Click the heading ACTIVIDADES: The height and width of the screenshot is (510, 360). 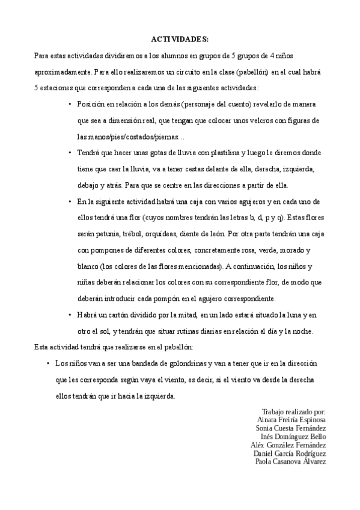click(x=180, y=39)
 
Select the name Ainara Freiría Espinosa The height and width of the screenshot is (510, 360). click(x=291, y=419)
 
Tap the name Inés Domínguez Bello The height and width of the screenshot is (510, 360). click(x=293, y=436)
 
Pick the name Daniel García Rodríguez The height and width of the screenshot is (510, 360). click(x=290, y=453)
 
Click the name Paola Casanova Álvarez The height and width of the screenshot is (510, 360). click(x=291, y=461)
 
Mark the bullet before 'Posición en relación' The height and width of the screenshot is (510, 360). click(x=70, y=104)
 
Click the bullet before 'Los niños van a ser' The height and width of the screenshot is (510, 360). click(x=47, y=364)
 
